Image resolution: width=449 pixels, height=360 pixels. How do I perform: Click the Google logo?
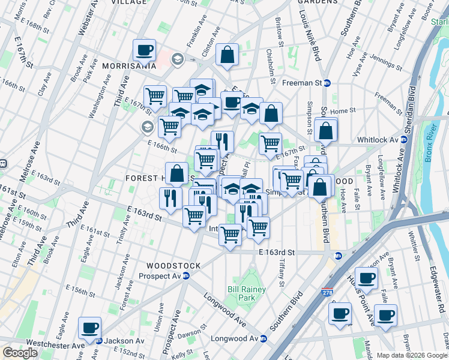[x=20, y=353]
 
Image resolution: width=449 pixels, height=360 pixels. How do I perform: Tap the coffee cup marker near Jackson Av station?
[x=90, y=328]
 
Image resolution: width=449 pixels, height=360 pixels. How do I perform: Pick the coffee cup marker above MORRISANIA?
[x=144, y=50]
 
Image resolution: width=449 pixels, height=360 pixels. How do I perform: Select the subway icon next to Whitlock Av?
[x=404, y=140]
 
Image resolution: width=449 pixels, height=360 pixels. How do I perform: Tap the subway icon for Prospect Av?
[x=186, y=276]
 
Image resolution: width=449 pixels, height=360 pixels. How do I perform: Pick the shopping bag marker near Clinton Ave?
[x=228, y=55]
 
